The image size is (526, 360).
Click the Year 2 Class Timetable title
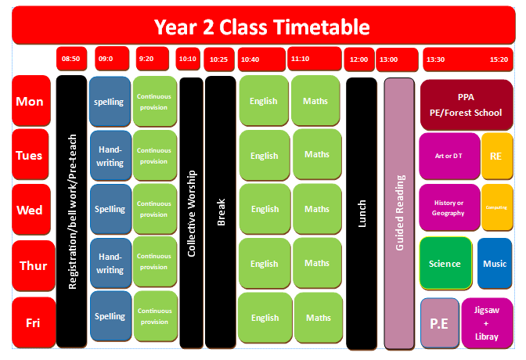pos(261,27)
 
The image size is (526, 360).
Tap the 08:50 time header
pos(71,59)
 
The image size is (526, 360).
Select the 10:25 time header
pos(219,59)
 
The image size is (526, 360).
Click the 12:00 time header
pos(359,59)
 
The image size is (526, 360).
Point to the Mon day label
pos(31,101)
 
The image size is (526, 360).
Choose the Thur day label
pos(33,265)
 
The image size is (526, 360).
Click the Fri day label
pos(34,322)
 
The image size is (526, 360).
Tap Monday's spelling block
pos(110,101)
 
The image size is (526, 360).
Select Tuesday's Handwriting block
pos(110,156)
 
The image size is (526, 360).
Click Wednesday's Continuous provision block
pos(155,209)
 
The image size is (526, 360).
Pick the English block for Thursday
pos(265,264)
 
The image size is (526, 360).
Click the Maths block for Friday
pos(319,318)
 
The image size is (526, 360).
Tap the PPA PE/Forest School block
pos(467,105)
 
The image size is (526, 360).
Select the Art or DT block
pos(449,156)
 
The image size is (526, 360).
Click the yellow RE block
pos(497,156)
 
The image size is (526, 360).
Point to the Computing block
pos(497,207)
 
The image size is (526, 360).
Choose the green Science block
pos(445,264)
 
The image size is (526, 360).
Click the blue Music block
pos(495,264)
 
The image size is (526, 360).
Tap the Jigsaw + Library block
pos(487,323)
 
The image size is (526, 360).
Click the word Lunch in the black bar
pos(362,214)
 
